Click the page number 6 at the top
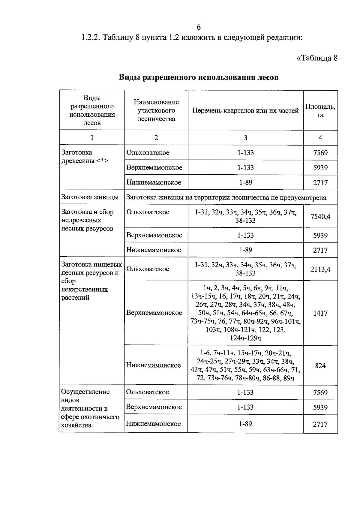pyautogui.click(x=198, y=27)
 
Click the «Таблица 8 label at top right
pyautogui.click(x=317, y=58)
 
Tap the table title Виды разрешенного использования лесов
pyautogui.click(x=198, y=77)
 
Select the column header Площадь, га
pyautogui.click(x=320, y=111)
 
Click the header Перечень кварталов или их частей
pyautogui.click(x=245, y=111)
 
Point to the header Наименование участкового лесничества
pyautogui.click(x=156, y=110)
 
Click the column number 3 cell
pyautogui.click(x=245, y=138)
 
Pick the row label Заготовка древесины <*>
pyautogui.click(x=84, y=157)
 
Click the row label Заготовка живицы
pyautogui.click(x=90, y=197)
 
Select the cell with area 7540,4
pyautogui.click(x=320, y=216)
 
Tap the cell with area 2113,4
pyautogui.click(x=320, y=269)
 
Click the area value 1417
pyautogui.click(x=320, y=313)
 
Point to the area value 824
pyautogui.click(x=320, y=366)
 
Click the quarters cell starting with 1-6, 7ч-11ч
pyautogui.click(x=245, y=365)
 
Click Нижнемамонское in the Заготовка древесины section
pyautogui.click(x=154, y=182)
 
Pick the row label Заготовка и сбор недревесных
pyautogui.click(x=87, y=220)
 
